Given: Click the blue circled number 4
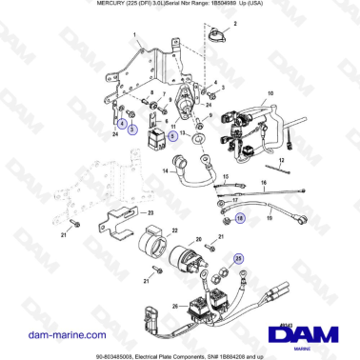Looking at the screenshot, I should [121, 122].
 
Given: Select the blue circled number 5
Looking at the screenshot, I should [172, 136].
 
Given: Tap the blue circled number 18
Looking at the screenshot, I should [239, 218].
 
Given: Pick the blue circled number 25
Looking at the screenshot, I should [239, 257].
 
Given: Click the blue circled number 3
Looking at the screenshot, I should [132, 129].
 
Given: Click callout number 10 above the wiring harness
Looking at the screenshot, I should [270, 92].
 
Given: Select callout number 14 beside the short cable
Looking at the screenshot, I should [164, 172].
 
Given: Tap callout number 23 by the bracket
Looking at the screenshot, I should [150, 212].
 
